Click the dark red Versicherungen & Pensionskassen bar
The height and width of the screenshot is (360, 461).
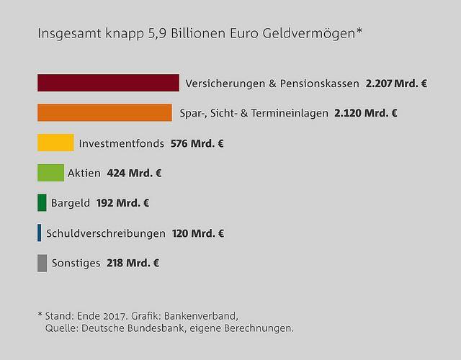108,83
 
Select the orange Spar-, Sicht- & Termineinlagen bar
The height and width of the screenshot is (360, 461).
104,113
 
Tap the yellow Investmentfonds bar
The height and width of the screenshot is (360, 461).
55,143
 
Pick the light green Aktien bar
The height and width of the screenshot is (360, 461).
50,173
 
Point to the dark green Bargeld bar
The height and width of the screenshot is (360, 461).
42,203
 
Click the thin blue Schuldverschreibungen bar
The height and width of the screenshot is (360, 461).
39,233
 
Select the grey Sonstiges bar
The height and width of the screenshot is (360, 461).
42,263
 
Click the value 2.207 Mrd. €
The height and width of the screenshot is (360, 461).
396,84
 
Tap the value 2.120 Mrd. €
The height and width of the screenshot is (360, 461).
366,113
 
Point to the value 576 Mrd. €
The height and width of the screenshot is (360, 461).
197,143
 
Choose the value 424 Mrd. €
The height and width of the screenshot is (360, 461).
134,174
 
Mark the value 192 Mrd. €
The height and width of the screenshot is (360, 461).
122,204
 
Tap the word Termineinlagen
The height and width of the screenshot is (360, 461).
288,113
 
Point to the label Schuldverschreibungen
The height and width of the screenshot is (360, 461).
106,233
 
